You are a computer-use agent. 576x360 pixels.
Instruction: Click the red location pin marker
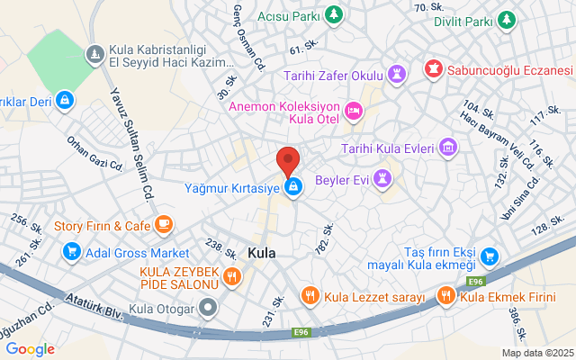click(287, 160)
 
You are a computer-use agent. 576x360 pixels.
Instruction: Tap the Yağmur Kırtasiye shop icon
click(292, 187)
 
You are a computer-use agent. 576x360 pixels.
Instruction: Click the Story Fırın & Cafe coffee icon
click(163, 224)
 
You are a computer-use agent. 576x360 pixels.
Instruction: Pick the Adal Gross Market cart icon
click(72, 253)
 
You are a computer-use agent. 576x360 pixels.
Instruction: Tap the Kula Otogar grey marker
click(209, 310)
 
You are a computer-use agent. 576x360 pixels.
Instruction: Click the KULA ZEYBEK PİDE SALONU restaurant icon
click(231, 276)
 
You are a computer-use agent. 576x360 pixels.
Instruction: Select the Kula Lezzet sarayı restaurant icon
click(310, 295)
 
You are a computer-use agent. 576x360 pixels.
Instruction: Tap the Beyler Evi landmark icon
click(384, 179)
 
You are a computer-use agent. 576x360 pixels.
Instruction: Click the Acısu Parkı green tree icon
click(334, 15)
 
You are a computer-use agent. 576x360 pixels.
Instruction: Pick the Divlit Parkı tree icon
click(508, 19)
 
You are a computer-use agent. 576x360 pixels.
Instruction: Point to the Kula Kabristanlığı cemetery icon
click(94, 57)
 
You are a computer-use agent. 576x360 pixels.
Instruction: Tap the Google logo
click(30, 349)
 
